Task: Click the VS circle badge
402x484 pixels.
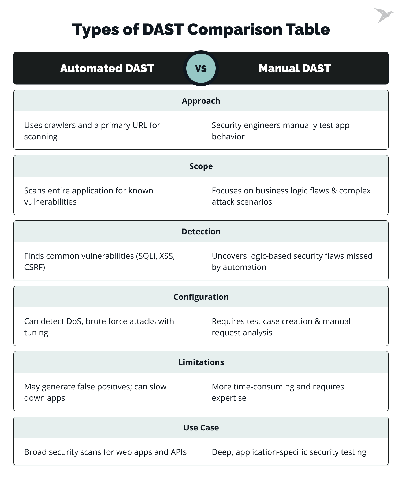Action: coord(201,68)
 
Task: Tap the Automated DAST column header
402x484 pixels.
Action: coord(107,68)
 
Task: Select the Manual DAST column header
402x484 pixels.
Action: coord(295,68)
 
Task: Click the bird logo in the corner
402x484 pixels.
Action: coord(384,16)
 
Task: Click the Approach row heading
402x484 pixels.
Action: coord(201,101)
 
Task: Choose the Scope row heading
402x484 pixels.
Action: coord(201,166)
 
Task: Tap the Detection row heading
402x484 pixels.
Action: coord(201,232)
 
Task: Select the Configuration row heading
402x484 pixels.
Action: coord(201,297)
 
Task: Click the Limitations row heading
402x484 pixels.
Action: coord(201,362)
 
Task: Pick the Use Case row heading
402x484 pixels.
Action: coord(201,428)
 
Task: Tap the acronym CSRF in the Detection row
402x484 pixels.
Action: coord(34,267)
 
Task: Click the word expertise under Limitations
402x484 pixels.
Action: coord(229,398)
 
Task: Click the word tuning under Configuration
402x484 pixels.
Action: coord(36,333)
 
